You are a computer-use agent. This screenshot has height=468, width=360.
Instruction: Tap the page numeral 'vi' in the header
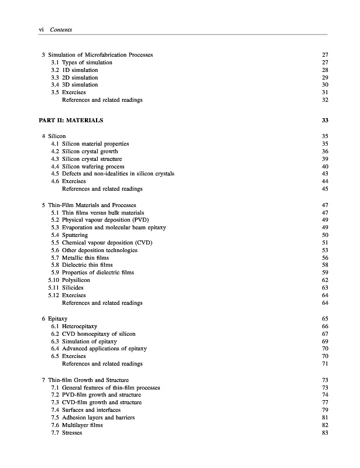[x=40, y=29]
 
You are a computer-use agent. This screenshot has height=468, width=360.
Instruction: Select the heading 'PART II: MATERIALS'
[x=72, y=121]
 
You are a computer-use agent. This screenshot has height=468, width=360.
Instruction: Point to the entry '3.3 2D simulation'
[x=74, y=78]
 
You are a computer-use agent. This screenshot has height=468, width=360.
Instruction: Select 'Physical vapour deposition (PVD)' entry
[x=106, y=220]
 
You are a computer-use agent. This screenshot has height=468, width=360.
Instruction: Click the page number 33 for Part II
[x=325, y=121]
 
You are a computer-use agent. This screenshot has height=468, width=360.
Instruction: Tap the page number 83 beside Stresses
[x=325, y=433]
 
